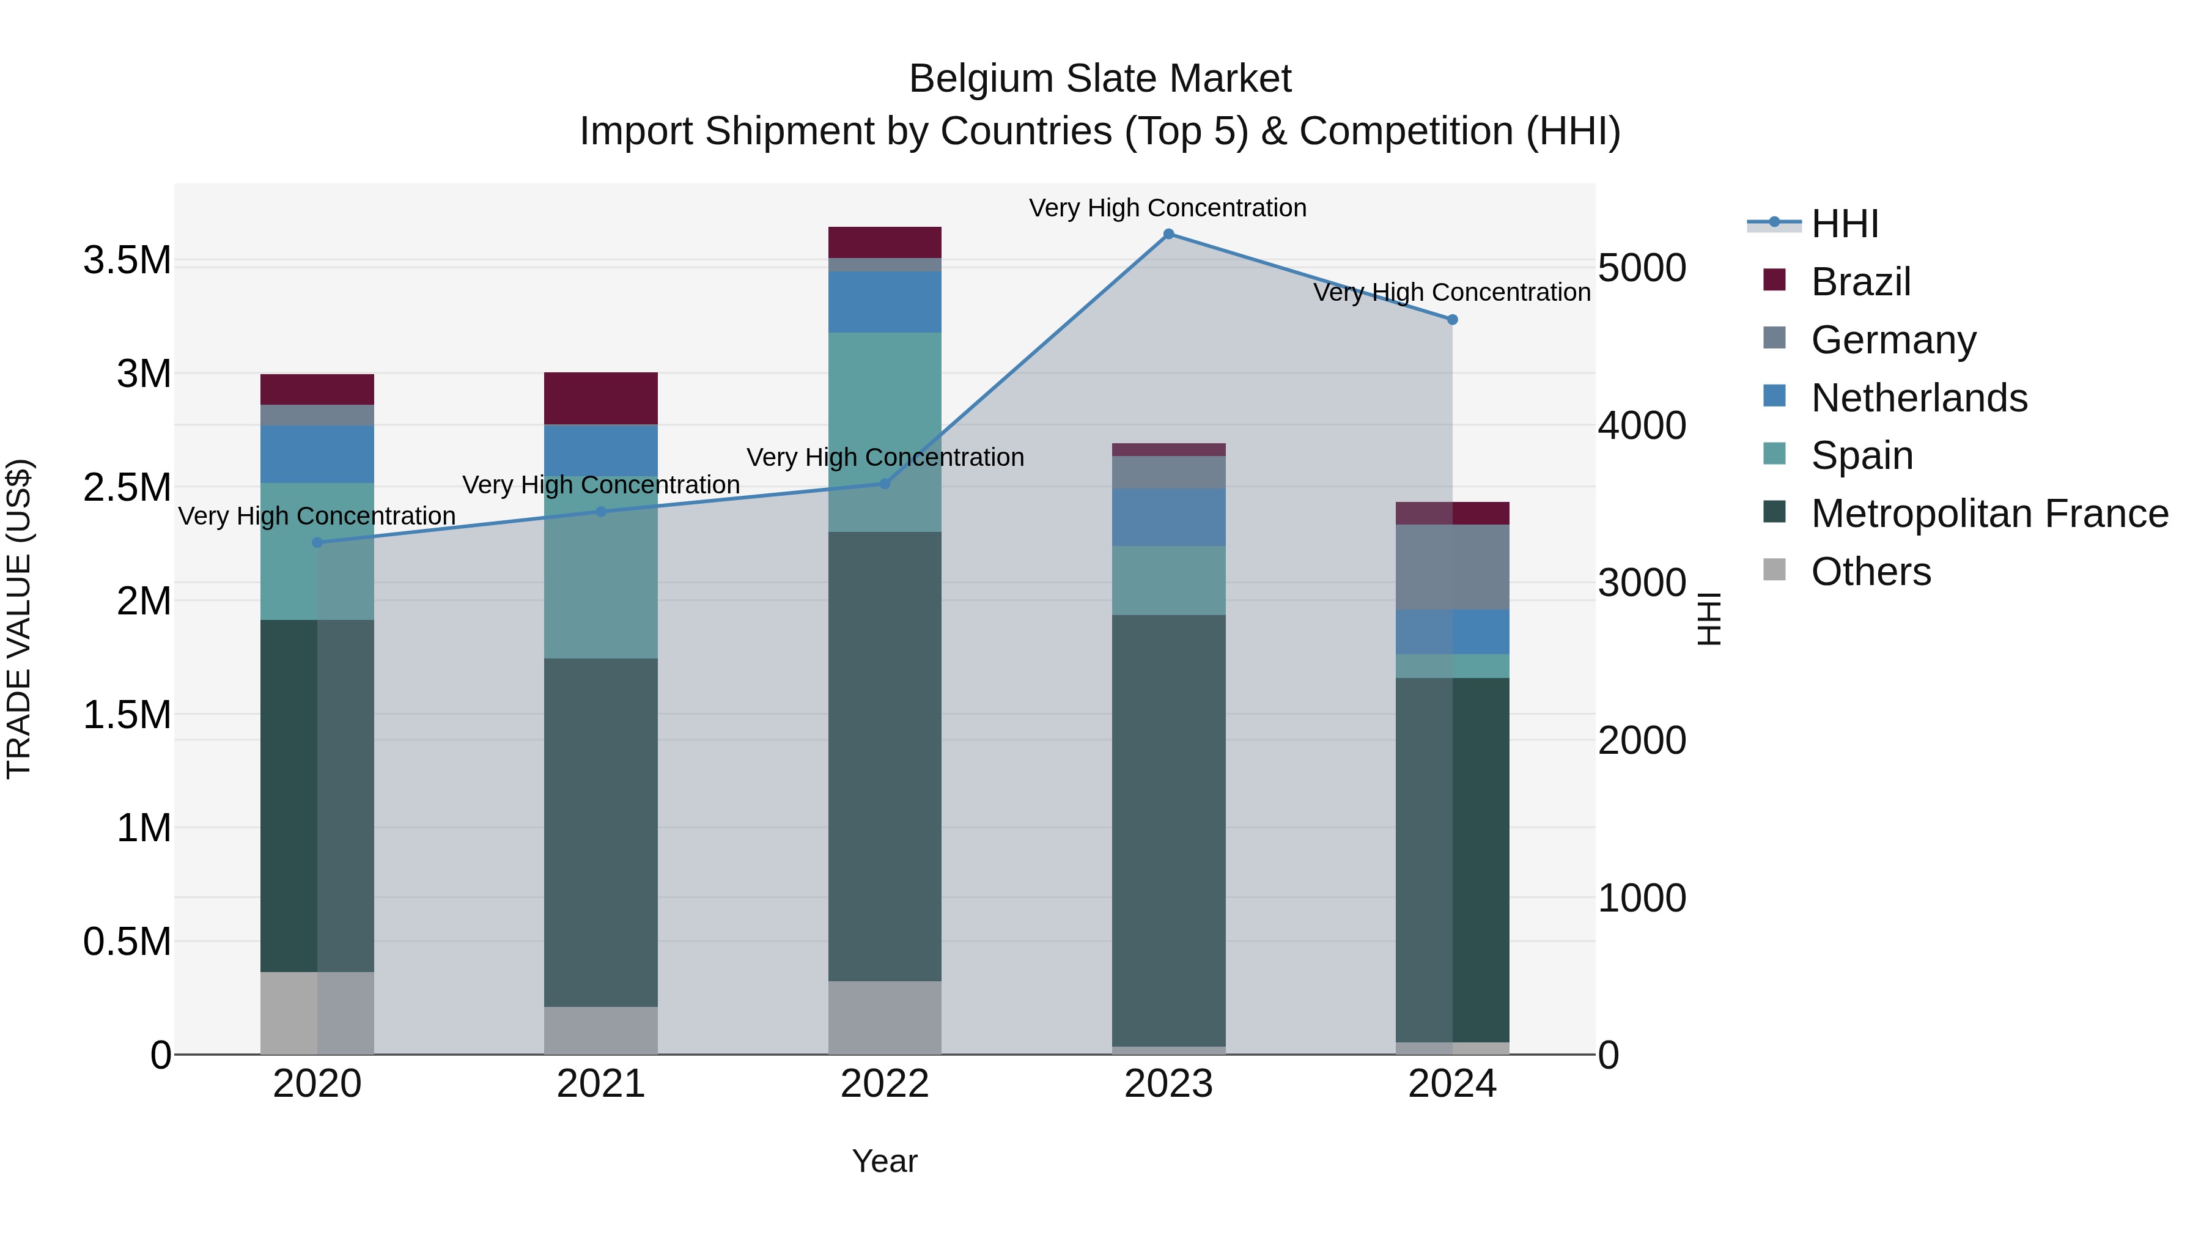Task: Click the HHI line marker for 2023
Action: tap(1168, 234)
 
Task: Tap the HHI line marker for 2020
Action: tap(317, 542)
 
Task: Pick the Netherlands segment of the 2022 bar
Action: tap(884, 301)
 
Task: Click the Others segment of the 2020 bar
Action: tap(317, 1012)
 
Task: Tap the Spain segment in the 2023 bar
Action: tap(1168, 580)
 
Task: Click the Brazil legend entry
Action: tap(1860, 282)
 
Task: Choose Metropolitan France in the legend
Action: tap(1988, 514)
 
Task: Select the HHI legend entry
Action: tap(1844, 224)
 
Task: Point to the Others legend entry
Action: tap(1870, 572)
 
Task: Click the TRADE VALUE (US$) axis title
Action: tap(20, 619)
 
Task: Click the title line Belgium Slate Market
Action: tap(1100, 79)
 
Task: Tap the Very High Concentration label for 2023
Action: tap(1167, 208)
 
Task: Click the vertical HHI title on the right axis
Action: tap(1709, 619)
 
